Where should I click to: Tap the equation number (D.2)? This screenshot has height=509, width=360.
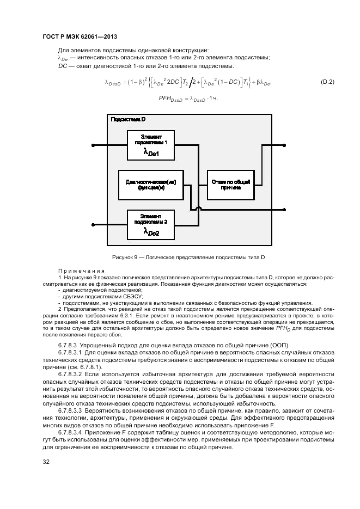click(x=326, y=82)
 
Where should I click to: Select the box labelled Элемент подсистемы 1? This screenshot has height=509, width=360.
click(x=150, y=145)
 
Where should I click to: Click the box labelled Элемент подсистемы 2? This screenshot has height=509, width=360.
click(x=150, y=224)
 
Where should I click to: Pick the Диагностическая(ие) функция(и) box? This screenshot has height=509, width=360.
click(x=150, y=185)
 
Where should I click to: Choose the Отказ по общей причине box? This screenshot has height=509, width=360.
click(x=230, y=185)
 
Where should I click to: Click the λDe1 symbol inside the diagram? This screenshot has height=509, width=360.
click(x=151, y=154)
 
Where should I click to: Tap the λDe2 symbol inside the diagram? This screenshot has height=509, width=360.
click(x=151, y=232)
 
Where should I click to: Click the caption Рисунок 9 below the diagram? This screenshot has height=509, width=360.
click(x=188, y=257)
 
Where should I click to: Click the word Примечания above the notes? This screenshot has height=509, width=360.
click(x=82, y=271)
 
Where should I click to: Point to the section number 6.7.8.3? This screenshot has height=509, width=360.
click(x=68, y=345)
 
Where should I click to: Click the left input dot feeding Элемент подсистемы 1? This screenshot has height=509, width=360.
click(x=94, y=145)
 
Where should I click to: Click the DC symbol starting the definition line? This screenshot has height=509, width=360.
click(x=62, y=66)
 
